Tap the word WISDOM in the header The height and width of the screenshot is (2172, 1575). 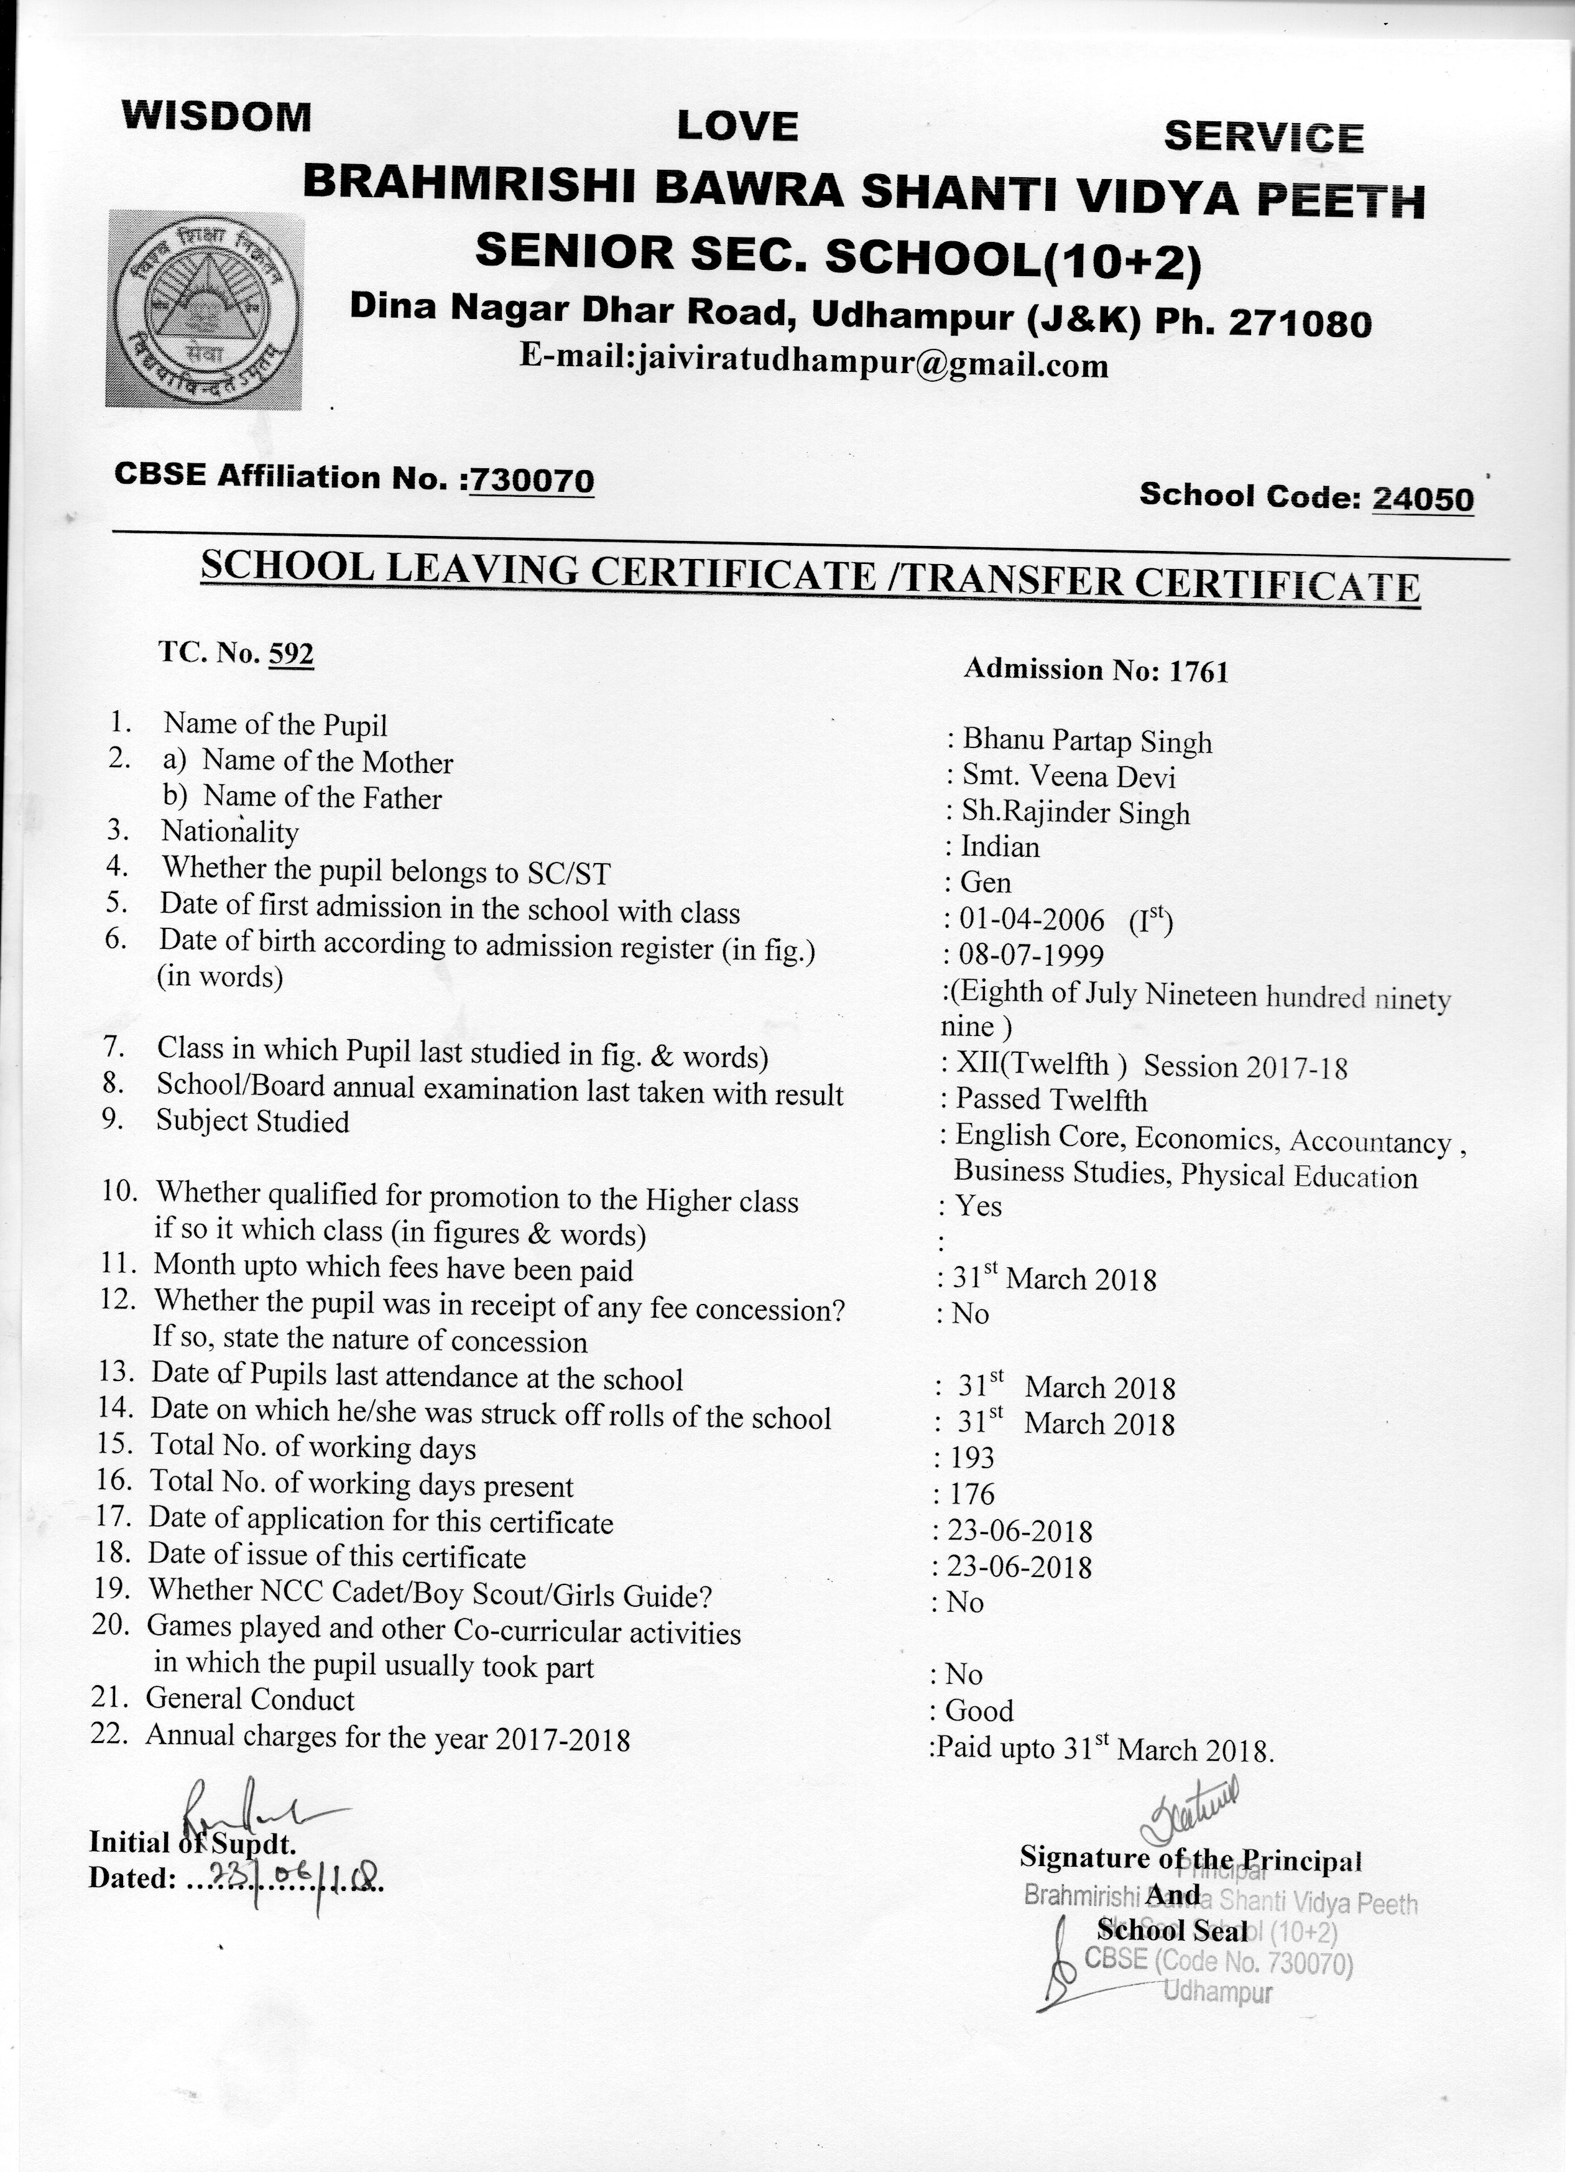[216, 117]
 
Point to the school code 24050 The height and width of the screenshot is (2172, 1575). [1423, 498]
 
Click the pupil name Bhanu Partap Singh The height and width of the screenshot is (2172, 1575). [1087, 741]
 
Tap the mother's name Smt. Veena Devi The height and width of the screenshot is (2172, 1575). [1068, 777]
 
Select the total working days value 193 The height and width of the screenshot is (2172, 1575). [972, 1458]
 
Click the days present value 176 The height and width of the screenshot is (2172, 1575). [972, 1494]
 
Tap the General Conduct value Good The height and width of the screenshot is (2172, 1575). [979, 1711]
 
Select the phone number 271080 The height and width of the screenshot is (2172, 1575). [1300, 324]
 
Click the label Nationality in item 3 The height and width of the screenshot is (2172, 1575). [230, 831]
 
